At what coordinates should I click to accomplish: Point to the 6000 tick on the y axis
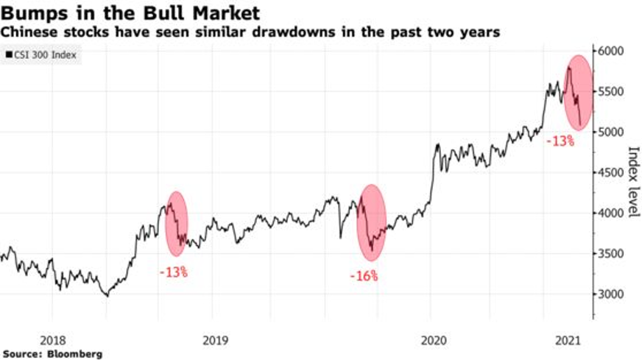pyautogui.click(x=610, y=52)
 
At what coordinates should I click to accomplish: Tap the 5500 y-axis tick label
pyautogui.click(x=610, y=92)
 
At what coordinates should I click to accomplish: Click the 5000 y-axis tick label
pyautogui.click(x=610, y=133)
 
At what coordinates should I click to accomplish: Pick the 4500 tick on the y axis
pyautogui.click(x=610, y=173)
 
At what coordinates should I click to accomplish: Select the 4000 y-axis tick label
pyautogui.click(x=610, y=213)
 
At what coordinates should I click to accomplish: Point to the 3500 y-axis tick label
pyautogui.click(x=610, y=254)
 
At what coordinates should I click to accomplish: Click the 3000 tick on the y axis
pyautogui.click(x=610, y=294)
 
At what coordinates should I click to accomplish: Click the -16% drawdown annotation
pyautogui.click(x=364, y=277)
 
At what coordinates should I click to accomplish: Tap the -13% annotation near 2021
pyautogui.click(x=560, y=141)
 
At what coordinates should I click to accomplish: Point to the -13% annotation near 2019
pyautogui.click(x=173, y=272)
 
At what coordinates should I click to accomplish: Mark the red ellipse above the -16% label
pyautogui.click(x=371, y=222)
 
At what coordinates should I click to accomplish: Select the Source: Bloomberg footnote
pyautogui.click(x=52, y=354)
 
